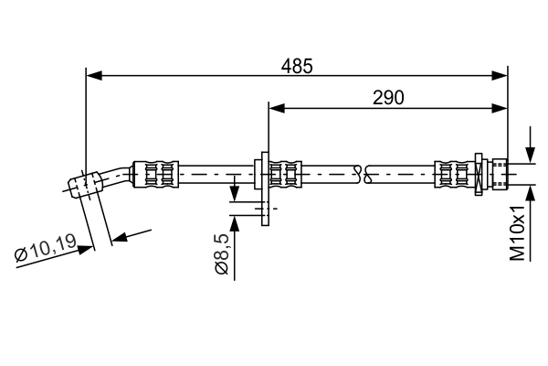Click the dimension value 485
point(297,66)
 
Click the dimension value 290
point(388,97)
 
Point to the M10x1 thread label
point(518,232)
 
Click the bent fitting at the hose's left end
point(88,182)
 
